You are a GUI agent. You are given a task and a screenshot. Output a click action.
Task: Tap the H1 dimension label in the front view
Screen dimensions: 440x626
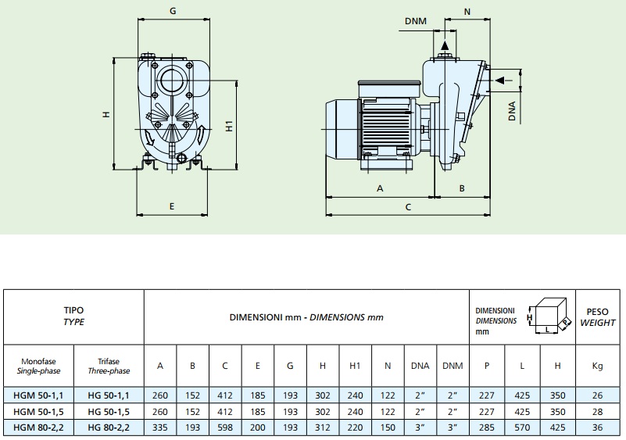(229, 125)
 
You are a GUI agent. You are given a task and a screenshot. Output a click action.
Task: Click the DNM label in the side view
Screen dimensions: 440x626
(417, 21)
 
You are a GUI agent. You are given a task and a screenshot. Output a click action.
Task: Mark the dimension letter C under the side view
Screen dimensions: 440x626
(407, 207)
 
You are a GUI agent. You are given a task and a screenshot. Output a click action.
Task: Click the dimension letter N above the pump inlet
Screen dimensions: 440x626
(467, 12)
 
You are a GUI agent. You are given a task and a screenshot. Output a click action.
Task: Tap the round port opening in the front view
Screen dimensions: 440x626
(172, 81)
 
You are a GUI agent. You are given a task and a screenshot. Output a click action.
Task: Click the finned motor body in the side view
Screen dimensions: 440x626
(384, 125)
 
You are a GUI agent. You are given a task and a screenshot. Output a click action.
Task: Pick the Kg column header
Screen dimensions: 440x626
(598, 366)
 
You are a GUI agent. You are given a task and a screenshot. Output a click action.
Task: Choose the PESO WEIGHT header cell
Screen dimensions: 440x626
(598, 316)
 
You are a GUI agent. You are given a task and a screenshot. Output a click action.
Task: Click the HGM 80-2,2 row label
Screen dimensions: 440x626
(38, 427)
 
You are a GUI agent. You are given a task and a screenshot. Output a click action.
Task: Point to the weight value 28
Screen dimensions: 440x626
(598, 412)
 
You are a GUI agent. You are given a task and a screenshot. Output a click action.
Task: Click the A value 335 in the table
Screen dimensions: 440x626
(160, 427)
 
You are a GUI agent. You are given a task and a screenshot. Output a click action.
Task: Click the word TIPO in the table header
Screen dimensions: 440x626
(73, 310)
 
